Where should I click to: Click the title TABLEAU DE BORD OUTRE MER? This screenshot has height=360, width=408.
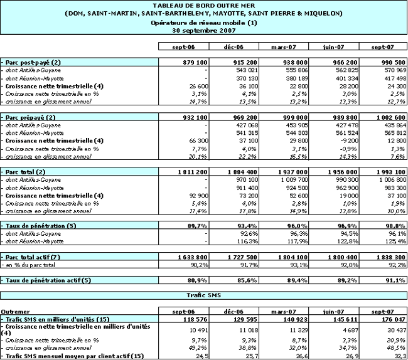point(203,5)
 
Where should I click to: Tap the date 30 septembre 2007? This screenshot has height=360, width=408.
point(203,29)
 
